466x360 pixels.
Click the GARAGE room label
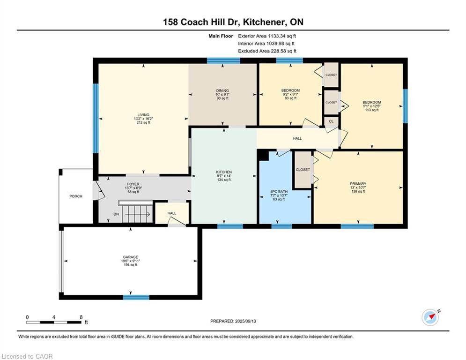tap(131, 257)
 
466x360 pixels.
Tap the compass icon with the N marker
tap(430, 317)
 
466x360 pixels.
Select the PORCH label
tap(76, 196)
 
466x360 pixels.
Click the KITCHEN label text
tap(224, 172)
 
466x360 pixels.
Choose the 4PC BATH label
tap(279, 192)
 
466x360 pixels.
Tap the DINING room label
tap(222, 91)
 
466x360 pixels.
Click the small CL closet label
tap(331, 121)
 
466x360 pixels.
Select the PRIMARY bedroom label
tap(358, 184)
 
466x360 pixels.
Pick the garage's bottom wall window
tap(136, 297)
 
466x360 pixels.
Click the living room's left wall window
tap(96, 119)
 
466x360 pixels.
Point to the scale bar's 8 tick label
tap(81, 317)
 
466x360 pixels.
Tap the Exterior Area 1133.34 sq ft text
tap(267, 36)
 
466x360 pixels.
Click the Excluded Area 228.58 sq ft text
tap(267, 51)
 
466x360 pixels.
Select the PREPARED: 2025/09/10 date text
tap(233, 321)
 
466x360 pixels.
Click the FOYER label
tap(133, 184)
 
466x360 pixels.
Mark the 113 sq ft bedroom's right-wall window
tap(405, 106)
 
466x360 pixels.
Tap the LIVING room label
tap(143, 115)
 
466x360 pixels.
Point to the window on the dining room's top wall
tap(223, 60)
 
